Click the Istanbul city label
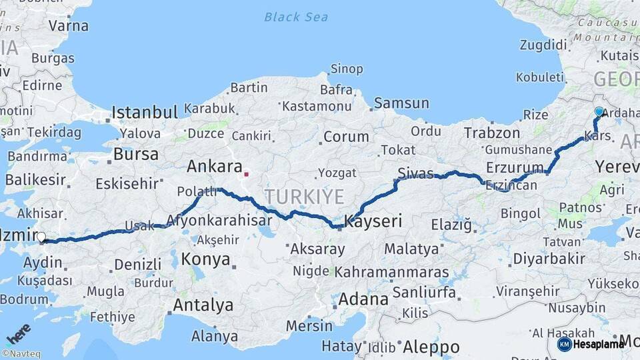145,112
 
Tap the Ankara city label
213,166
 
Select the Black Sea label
296,17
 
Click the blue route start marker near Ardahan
599,112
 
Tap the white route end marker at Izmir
41,237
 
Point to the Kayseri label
373,221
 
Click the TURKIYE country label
304,197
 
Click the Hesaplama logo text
598,344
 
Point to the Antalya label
203,305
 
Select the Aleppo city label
431,347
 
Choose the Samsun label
401,103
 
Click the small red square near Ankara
246,175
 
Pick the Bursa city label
136,155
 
